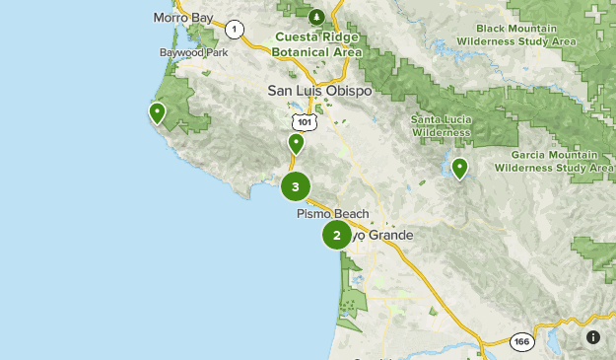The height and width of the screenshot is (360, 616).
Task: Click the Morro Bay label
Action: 184,18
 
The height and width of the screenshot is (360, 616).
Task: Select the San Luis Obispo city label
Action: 319,91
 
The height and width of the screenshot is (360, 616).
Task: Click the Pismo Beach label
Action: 332,214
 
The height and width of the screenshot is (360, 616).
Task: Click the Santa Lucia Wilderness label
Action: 441,125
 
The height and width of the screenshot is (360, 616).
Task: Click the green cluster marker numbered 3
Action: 296,186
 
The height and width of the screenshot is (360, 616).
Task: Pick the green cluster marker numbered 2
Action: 337,235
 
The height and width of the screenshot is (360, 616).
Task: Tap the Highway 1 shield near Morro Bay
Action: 235,29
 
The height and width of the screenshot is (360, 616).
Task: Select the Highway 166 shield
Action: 522,342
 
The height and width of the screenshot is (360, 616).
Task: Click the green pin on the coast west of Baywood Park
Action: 156,113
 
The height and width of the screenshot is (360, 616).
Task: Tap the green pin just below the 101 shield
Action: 296,144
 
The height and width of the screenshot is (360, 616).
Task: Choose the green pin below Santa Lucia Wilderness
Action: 459,169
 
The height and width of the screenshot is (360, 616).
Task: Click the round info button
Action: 593,337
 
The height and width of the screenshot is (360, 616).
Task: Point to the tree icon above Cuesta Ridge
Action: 316,17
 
